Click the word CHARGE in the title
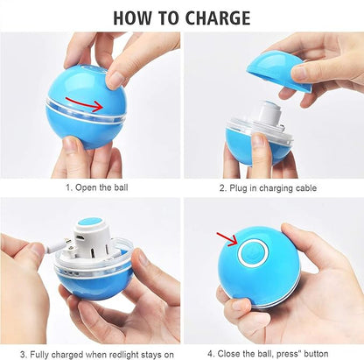(x=218, y=18)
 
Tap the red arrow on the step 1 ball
(x=84, y=104)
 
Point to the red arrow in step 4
(x=227, y=239)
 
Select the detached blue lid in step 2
(x=277, y=72)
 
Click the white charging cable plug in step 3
(x=58, y=245)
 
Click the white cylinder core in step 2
(x=269, y=116)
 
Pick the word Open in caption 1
(x=86, y=187)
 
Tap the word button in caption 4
(x=316, y=354)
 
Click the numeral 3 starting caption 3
(x=23, y=355)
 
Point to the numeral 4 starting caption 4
(x=210, y=354)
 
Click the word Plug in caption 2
(x=237, y=188)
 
